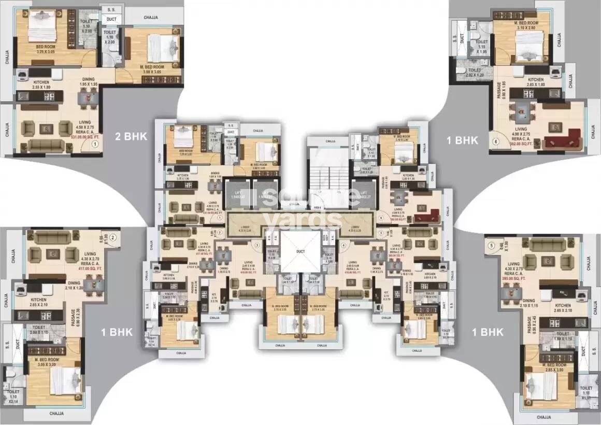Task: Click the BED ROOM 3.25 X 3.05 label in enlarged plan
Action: click(x=38, y=50)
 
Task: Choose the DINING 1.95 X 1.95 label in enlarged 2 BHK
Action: click(x=89, y=81)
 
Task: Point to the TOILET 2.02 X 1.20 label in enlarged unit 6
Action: click(x=475, y=73)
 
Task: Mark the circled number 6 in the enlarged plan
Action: click(x=495, y=140)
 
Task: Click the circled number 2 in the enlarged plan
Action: click(x=112, y=237)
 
